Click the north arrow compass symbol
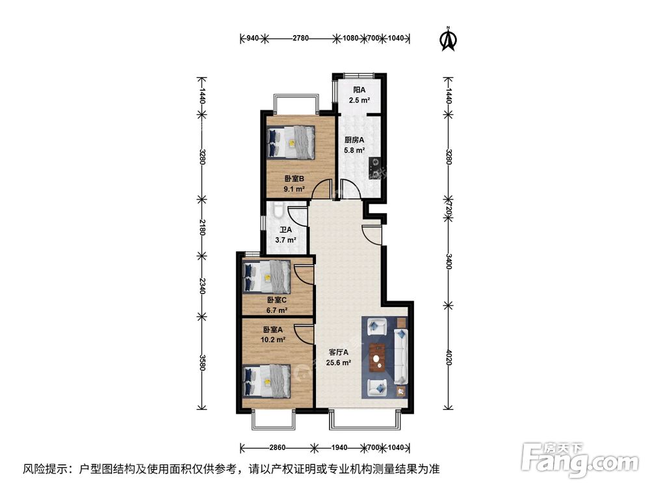coord(447,39)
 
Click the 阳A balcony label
coord(359,90)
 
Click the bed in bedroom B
coord(291,142)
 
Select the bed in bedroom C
coord(266,276)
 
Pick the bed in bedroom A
coord(266,380)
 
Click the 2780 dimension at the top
coord(300,38)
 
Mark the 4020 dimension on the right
coord(448,359)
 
